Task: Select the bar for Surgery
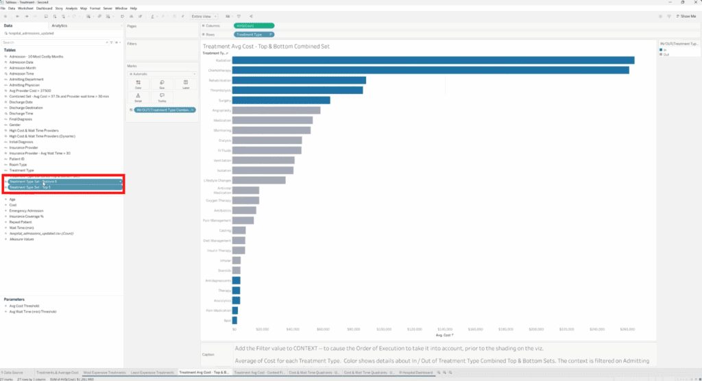pyautogui.click(x=281, y=100)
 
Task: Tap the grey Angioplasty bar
pyautogui.click(x=276, y=110)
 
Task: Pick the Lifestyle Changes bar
pyautogui.click(x=259, y=180)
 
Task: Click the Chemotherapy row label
pyautogui.click(x=219, y=70)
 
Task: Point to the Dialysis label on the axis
pyautogui.click(x=223, y=140)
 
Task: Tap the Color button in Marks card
pyautogui.click(x=138, y=84)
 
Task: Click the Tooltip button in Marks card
pyautogui.click(x=162, y=97)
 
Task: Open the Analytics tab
pyautogui.click(x=60, y=25)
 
